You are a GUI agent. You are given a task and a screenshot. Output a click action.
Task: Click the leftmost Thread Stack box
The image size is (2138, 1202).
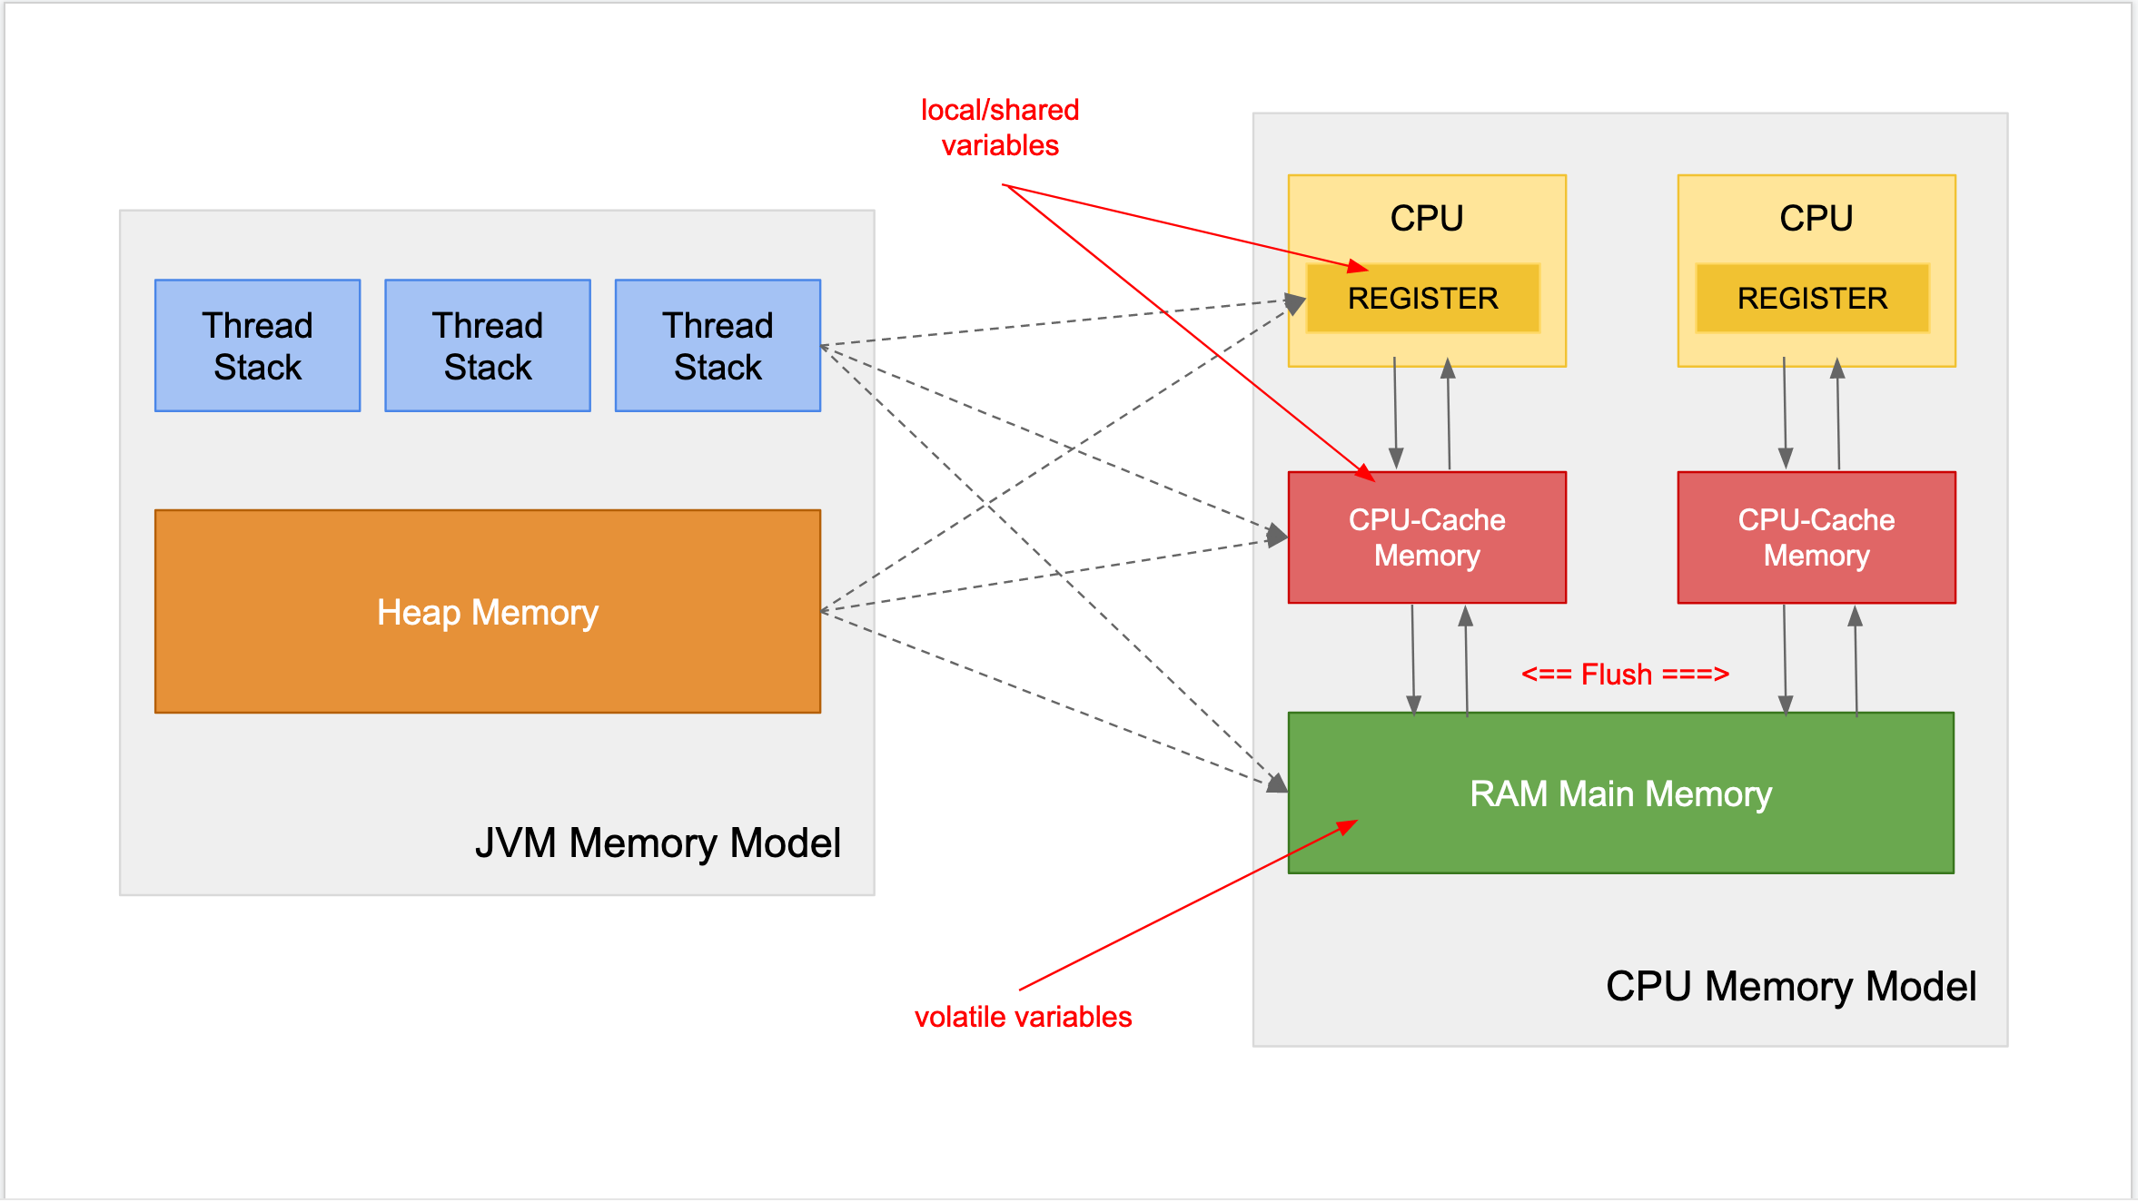click(257, 346)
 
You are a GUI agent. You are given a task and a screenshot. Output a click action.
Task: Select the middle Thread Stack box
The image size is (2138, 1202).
click(488, 346)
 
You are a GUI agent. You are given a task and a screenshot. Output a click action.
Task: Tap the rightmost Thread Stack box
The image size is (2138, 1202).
click(718, 346)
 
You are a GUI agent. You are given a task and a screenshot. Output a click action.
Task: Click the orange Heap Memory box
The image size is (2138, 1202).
click(488, 611)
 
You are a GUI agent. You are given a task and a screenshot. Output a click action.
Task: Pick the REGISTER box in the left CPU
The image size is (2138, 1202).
click(1422, 299)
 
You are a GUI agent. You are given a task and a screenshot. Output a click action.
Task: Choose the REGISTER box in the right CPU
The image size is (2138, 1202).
click(1812, 299)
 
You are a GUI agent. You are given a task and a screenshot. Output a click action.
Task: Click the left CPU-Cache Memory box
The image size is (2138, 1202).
click(1427, 537)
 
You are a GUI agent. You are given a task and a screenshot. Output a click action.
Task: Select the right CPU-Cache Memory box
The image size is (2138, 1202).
click(1816, 537)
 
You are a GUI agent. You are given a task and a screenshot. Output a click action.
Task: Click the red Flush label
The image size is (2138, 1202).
click(1625, 675)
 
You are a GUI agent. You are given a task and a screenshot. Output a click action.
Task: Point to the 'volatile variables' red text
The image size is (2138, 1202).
click(1023, 1017)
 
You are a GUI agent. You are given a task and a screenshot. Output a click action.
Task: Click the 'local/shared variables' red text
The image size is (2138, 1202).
click(1000, 127)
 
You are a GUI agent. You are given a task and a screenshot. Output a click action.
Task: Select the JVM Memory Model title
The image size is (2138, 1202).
click(658, 843)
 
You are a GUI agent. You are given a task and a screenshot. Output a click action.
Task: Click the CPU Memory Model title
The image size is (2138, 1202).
click(1790, 987)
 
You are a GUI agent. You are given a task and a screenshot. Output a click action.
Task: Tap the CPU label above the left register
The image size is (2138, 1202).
click(1427, 219)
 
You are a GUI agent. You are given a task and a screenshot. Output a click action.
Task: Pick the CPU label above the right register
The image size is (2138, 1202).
click(1816, 219)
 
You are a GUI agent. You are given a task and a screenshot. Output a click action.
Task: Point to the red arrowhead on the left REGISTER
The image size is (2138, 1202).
click(1359, 267)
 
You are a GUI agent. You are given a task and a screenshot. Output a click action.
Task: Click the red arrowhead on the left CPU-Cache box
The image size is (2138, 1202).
click(1366, 474)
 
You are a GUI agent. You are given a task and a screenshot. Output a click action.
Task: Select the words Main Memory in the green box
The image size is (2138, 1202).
click(1665, 794)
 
